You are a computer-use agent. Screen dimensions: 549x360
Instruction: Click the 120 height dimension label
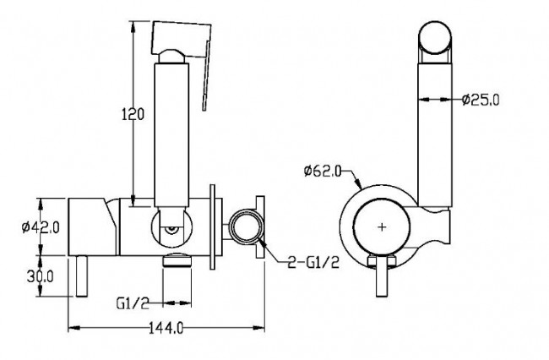point(133,114)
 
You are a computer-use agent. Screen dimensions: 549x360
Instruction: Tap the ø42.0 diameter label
point(41,227)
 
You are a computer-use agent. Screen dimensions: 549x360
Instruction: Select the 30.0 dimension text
point(41,276)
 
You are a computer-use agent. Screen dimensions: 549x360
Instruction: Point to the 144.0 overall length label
point(166,328)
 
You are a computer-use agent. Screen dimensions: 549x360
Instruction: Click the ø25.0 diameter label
point(481,100)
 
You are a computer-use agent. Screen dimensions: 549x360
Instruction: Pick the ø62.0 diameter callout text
point(323,172)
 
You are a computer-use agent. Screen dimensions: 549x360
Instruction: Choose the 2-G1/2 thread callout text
point(313,262)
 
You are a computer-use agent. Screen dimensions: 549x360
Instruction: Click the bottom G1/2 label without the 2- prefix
point(133,303)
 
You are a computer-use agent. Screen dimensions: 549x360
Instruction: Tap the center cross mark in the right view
point(382,227)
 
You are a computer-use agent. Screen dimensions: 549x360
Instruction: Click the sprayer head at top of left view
point(182,39)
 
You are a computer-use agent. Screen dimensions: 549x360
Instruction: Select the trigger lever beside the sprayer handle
point(206,76)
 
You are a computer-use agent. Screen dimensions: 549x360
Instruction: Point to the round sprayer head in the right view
point(435,37)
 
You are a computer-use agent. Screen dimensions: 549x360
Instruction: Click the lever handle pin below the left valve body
point(82,276)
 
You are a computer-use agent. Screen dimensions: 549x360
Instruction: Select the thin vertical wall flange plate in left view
point(212,227)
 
